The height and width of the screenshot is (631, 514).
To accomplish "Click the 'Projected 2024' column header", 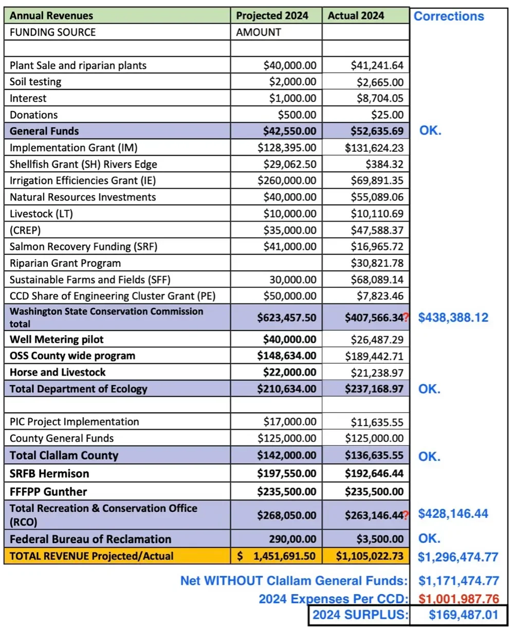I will [272, 15].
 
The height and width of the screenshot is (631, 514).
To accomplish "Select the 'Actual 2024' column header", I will [356, 15].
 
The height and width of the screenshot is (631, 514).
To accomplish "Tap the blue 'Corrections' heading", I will [449, 16].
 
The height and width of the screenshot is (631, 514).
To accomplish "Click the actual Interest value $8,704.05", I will [377, 98].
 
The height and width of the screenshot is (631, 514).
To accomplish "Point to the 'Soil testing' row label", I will [35, 82].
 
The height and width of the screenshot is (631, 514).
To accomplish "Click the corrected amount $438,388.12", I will [453, 318].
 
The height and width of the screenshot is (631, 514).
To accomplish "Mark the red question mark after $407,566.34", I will [406, 318].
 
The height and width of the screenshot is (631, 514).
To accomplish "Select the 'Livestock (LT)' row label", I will [42, 214].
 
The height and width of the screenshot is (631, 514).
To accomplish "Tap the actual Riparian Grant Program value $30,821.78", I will [377, 263].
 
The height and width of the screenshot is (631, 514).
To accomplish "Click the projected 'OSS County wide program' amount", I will [290, 356].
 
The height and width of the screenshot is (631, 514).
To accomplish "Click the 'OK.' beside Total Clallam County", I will [430, 456].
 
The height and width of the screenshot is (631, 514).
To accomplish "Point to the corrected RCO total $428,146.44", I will [453, 513].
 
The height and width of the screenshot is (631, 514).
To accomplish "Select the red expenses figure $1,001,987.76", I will [458, 599].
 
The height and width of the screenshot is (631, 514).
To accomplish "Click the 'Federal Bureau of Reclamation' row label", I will [90, 539].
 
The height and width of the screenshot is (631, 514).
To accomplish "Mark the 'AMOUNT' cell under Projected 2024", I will [259, 32].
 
